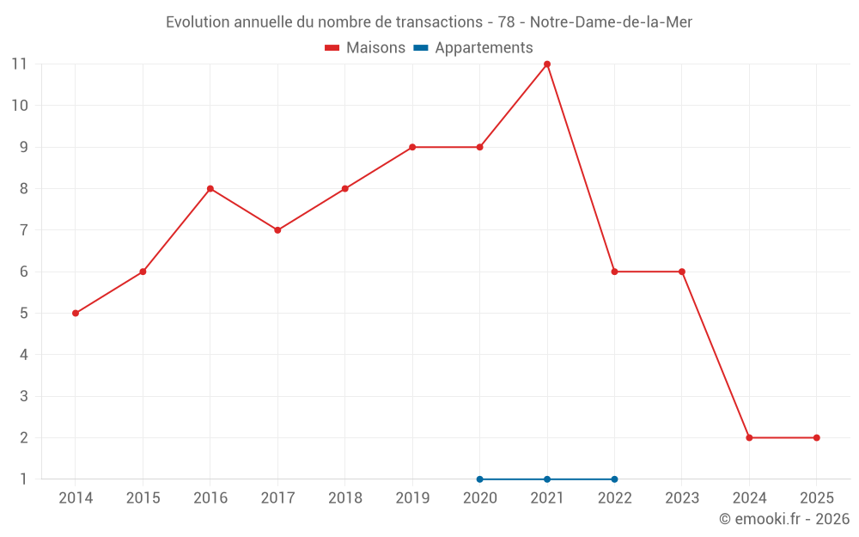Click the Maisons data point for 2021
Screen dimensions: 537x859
click(547, 64)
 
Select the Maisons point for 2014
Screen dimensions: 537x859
click(76, 313)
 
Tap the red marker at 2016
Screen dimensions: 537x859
click(210, 189)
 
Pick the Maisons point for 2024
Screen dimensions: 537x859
click(749, 437)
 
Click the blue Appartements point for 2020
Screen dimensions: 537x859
click(479, 479)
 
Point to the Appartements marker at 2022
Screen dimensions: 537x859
click(614, 479)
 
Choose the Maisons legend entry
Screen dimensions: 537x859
click(365, 48)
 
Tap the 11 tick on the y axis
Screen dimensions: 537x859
click(19, 64)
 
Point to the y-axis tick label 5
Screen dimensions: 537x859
click(23, 313)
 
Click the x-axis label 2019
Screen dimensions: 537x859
click(412, 498)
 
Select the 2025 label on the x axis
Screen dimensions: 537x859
click(816, 498)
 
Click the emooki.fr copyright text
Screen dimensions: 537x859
click(783, 519)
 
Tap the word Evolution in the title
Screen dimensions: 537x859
click(197, 22)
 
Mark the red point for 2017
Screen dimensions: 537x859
click(277, 230)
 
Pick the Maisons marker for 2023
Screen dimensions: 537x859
click(682, 272)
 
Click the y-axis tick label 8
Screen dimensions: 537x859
click(23, 188)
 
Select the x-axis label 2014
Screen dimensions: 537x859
click(76, 498)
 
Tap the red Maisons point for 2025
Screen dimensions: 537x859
click(816, 437)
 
